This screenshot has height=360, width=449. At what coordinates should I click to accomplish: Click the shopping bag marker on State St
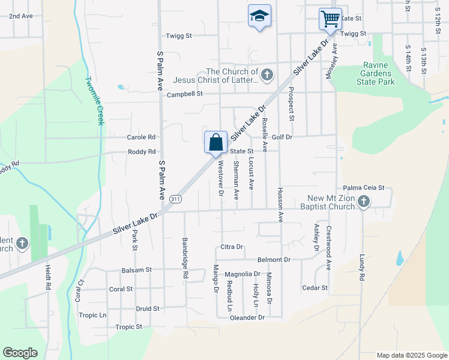[x=215, y=143]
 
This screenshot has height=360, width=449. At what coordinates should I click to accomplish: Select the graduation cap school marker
[x=259, y=16]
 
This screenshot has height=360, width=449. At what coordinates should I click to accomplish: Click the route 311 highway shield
[x=175, y=199]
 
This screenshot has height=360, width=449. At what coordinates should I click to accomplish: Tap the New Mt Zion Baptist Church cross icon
[x=363, y=202]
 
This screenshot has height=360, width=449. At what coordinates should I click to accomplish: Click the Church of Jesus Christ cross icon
[x=267, y=75]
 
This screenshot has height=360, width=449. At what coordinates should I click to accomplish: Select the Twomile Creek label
[x=95, y=101]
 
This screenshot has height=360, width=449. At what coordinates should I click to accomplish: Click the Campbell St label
[x=185, y=94]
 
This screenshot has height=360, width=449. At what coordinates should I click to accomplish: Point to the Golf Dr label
[x=282, y=137]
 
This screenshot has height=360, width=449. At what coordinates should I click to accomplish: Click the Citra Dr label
[x=231, y=247]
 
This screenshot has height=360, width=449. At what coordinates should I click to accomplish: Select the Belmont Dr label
[x=274, y=260]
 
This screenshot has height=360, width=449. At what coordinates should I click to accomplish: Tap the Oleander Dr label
[x=247, y=317]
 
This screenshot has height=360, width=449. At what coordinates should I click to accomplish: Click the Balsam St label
[x=136, y=271]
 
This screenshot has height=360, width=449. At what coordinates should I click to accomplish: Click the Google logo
[x=20, y=353]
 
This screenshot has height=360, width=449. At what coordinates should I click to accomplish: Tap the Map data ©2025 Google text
[x=411, y=355]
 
